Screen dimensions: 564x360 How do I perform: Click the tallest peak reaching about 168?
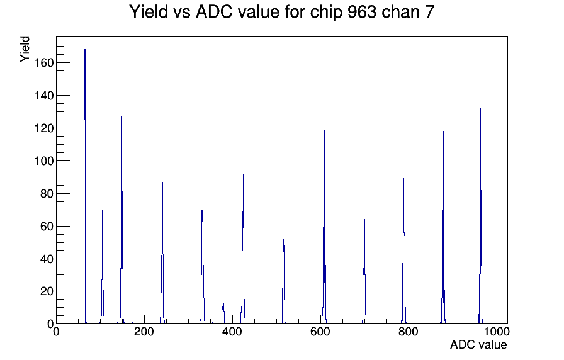point(85,186)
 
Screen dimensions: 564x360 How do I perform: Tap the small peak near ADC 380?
point(223,308)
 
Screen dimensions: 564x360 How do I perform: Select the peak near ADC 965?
point(480,216)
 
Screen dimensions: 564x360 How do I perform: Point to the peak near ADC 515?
point(283,281)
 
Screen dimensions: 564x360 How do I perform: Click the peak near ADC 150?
point(122,220)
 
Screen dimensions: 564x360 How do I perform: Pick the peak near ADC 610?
point(324,227)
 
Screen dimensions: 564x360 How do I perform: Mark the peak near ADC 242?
point(162,253)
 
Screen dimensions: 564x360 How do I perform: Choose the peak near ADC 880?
point(443,227)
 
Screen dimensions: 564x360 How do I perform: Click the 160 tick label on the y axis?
point(43,63)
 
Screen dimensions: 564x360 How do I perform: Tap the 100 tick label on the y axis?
point(43,161)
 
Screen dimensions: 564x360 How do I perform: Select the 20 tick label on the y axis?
point(47,291)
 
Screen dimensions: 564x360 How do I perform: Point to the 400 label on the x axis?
point(232,332)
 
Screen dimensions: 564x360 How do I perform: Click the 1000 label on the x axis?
point(497,332)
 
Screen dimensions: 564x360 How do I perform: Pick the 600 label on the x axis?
point(320,332)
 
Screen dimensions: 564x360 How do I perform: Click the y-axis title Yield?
point(25,49)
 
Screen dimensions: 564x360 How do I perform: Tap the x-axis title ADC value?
point(478,345)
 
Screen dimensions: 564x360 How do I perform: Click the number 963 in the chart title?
point(362,12)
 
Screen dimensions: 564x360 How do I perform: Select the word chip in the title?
point(327,13)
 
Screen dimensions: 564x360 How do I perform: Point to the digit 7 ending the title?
point(430,12)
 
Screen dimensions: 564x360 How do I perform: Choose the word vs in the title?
point(182,13)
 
